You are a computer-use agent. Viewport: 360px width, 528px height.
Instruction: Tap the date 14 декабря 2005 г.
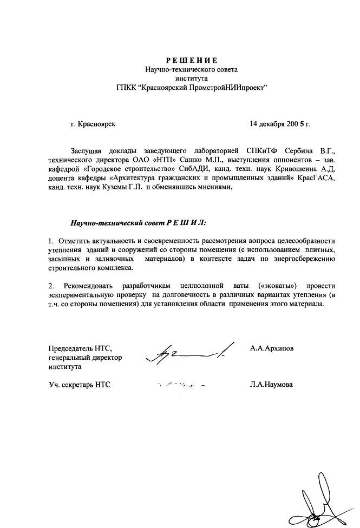280,123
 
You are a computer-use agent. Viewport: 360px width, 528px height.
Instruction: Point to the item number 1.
51,240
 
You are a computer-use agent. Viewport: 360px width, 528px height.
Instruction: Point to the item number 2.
51,286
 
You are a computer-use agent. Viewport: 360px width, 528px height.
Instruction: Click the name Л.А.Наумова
271,385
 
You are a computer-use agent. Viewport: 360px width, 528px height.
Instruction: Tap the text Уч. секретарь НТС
79,385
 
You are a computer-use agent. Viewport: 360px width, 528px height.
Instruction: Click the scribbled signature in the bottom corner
319,498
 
